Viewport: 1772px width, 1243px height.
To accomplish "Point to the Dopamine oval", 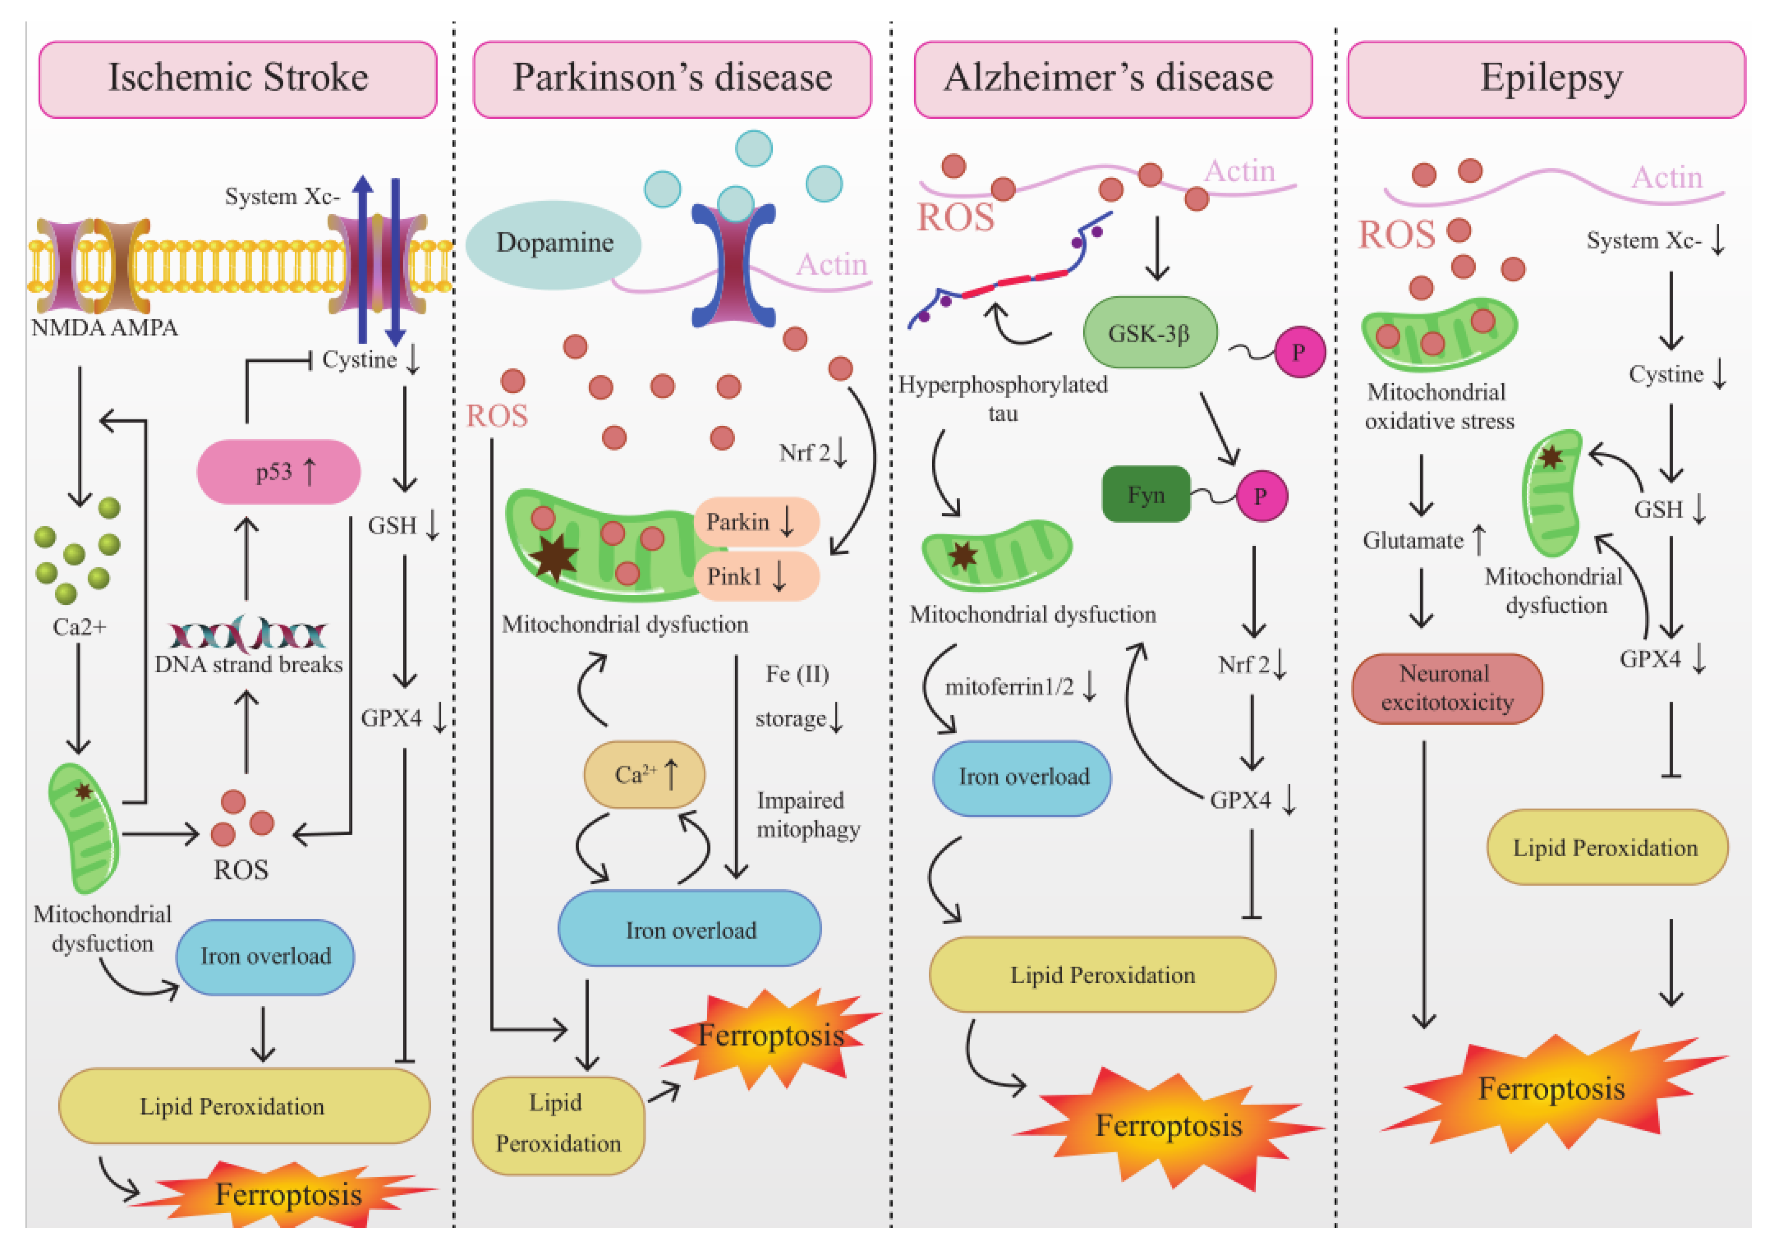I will pos(554,244).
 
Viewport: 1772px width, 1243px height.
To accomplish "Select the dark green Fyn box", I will pos(1146,494).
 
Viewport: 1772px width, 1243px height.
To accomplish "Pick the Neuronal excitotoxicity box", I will pos(1447,688).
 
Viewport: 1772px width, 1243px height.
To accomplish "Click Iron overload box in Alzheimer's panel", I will pos(1022,777).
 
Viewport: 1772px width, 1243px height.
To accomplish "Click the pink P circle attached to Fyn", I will pos(1261,496).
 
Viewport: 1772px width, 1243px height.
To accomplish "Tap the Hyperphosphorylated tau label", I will pos(1003,399).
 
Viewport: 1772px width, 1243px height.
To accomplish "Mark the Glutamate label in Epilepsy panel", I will pos(1413,540).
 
